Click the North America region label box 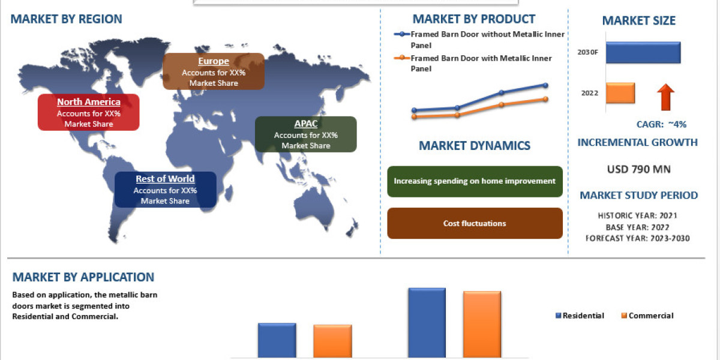88,112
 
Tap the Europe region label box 214,71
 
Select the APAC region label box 305,134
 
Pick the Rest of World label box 165,190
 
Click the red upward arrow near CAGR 665,97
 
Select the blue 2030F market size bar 643,52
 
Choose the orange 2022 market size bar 620,93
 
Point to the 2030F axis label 588,52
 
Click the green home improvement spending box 475,181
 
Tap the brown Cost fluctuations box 475,223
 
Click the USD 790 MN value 638,169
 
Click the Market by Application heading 83,277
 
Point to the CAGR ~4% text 661,125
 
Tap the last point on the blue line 545,85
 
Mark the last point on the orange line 545,99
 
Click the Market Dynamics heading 474,146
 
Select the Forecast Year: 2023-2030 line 638,238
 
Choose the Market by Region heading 66,19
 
